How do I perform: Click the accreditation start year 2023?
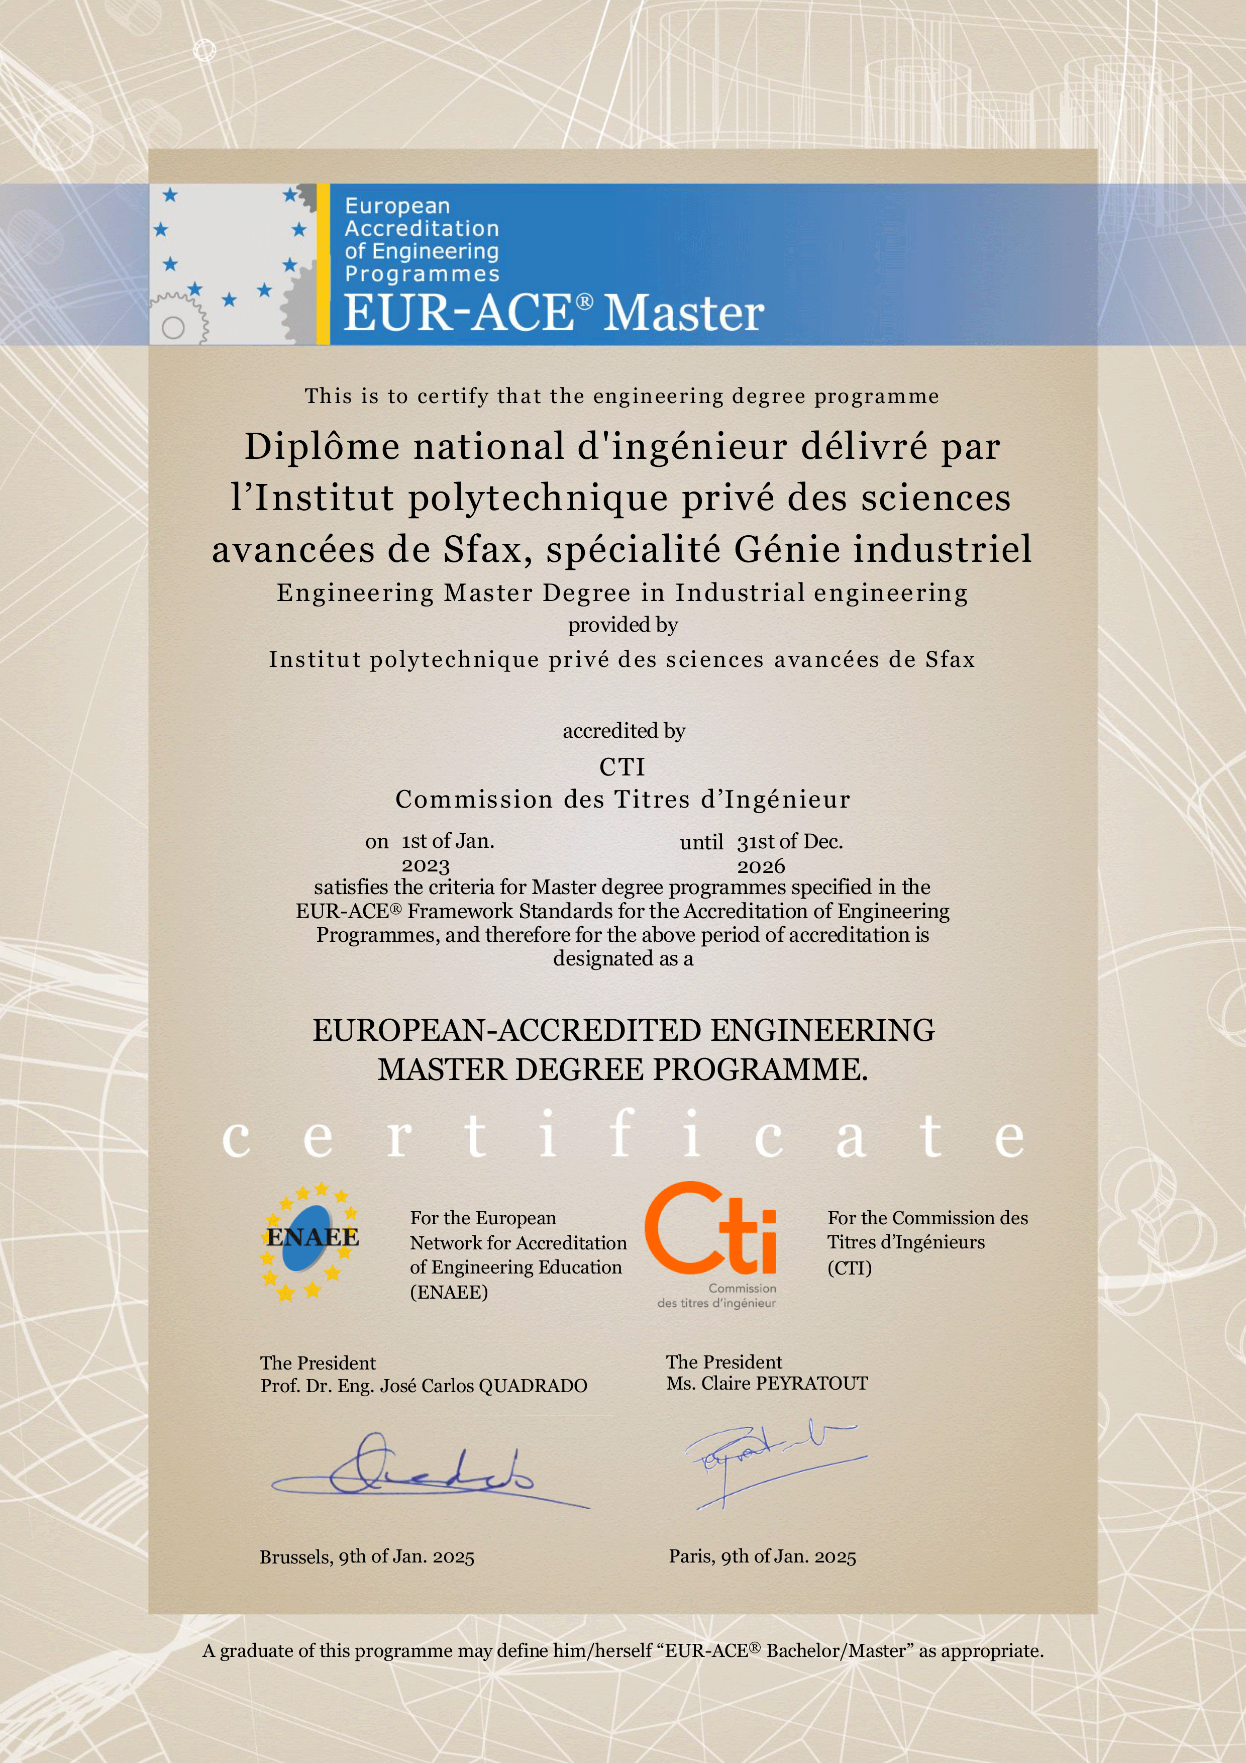click(x=426, y=866)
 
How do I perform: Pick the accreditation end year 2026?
click(x=761, y=866)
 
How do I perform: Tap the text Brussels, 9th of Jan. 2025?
click(x=367, y=1556)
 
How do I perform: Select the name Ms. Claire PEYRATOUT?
click(x=767, y=1383)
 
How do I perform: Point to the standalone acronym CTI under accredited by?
click(x=622, y=766)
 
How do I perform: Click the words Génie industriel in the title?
click(x=883, y=549)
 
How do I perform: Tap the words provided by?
click(x=622, y=625)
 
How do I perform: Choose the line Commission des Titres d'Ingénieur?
click(x=622, y=800)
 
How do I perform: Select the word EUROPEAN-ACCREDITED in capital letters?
click(x=507, y=1030)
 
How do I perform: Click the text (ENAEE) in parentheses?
click(x=449, y=1292)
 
